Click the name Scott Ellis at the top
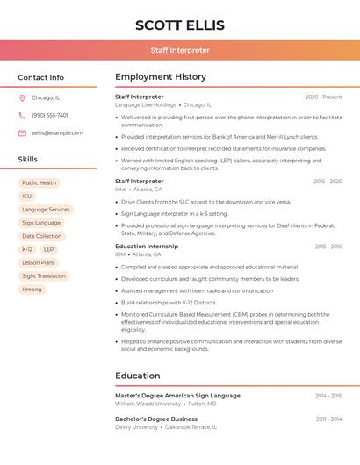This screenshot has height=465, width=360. tap(180, 25)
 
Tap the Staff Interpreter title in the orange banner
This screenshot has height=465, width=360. tap(180, 50)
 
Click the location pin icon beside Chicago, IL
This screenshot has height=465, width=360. tap(22, 98)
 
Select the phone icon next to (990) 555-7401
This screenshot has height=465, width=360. tap(22, 115)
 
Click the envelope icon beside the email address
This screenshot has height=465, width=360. tap(22, 133)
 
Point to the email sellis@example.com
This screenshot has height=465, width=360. tap(57, 133)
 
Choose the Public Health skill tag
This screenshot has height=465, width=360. tap(40, 183)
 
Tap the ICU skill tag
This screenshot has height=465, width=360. tap(27, 197)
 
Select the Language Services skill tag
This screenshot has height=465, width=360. tap(46, 210)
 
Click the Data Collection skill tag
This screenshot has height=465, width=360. tap(41, 236)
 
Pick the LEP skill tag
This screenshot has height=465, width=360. tap(48, 249)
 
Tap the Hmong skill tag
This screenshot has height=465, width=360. tap(32, 289)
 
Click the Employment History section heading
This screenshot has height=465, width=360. tap(161, 77)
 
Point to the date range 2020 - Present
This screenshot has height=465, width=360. tap(323, 97)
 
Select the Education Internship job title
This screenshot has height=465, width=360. tap(146, 247)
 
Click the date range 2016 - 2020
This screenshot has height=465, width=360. tap(328, 182)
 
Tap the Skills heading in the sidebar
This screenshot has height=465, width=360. tap(28, 160)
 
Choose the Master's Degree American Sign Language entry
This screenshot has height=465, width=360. tap(177, 396)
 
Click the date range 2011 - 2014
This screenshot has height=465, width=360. tap(328, 419)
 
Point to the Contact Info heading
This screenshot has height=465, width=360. tap(40, 77)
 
